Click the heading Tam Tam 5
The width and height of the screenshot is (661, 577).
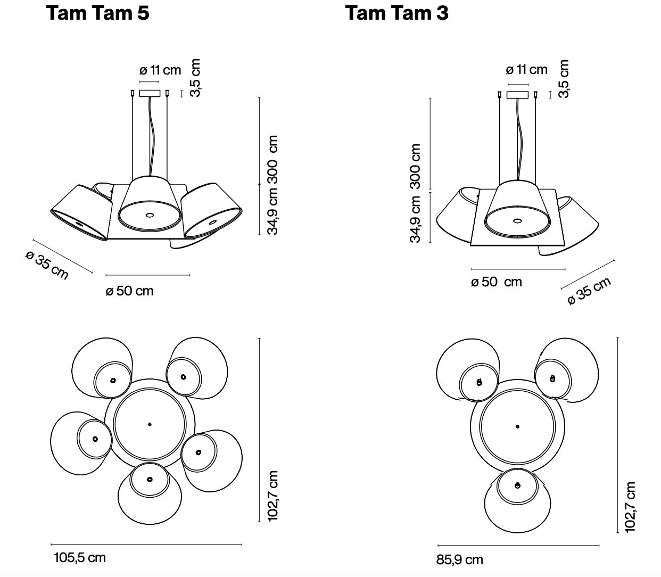(98, 13)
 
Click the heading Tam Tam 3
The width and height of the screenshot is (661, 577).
(396, 13)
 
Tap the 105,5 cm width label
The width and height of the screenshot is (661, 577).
(80, 557)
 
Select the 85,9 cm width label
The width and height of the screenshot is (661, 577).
(460, 559)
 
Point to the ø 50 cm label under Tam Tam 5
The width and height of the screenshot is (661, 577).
(129, 291)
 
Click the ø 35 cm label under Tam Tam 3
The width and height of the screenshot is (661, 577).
(589, 291)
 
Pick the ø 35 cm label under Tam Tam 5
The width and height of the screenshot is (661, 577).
(47, 265)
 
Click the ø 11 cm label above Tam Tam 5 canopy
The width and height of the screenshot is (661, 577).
(160, 70)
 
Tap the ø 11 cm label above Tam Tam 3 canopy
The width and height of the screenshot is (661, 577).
(526, 69)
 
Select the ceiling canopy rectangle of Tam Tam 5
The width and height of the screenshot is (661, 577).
(150, 93)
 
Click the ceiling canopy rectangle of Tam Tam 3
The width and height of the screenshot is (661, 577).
(517, 95)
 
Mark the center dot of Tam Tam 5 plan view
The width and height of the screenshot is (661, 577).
(150, 424)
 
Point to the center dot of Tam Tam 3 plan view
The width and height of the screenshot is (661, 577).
(517, 426)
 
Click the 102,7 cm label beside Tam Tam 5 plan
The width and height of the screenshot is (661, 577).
(272, 496)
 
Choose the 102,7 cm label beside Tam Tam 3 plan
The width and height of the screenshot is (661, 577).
(630, 506)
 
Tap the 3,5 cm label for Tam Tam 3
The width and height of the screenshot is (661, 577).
(564, 78)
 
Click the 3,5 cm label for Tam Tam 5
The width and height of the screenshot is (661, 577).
(195, 78)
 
